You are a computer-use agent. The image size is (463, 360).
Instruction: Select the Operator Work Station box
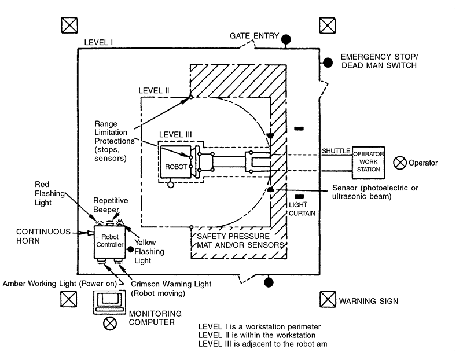click(x=368, y=161)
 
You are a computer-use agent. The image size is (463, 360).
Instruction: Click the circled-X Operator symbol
click(x=398, y=163)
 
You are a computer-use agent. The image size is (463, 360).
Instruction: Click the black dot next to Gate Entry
click(x=286, y=38)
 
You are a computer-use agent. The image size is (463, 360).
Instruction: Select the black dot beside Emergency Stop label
click(x=328, y=62)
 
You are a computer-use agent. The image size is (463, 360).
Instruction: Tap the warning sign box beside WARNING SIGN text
click(x=328, y=300)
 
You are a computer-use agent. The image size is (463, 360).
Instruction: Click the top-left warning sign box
click(x=69, y=25)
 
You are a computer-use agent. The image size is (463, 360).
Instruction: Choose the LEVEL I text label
click(x=98, y=43)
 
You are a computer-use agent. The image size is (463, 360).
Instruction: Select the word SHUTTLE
click(x=336, y=151)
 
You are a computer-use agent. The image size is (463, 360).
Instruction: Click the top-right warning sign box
click(x=327, y=25)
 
